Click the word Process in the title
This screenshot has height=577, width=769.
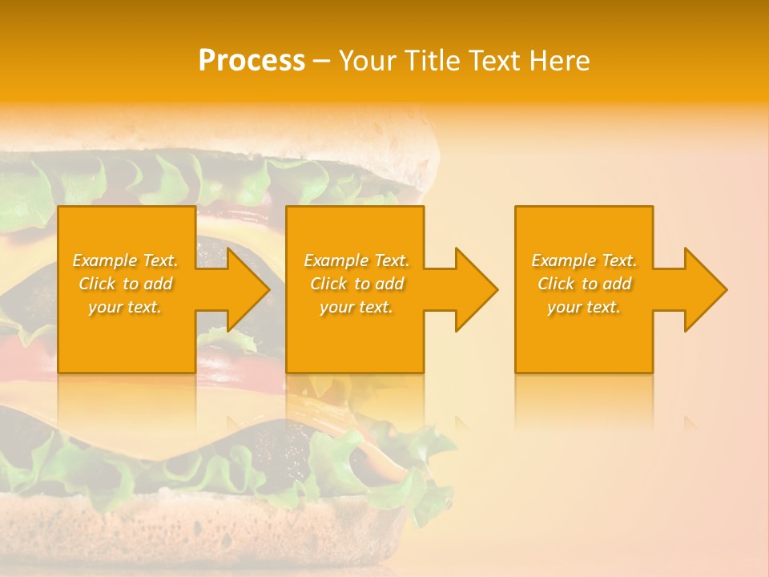click(252, 61)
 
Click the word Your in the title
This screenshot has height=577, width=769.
click(368, 61)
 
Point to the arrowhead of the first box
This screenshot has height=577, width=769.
click(244, 289)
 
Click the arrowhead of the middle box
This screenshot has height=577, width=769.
click(473, 289)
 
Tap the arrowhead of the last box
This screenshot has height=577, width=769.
click(702, 289)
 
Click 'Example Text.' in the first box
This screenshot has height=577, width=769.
click(125, 260)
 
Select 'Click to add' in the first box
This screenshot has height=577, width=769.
click(125, 284)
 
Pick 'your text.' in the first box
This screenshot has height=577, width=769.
click(125, 307)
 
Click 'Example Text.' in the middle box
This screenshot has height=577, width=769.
click(356, 260)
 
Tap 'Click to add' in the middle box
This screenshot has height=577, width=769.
click(356, 284)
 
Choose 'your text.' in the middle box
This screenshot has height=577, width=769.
click(356, 307)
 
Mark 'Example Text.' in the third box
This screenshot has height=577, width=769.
click(584, 260)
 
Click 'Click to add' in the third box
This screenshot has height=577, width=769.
click(584, 284)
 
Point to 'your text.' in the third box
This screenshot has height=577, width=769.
click(584, 307)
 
